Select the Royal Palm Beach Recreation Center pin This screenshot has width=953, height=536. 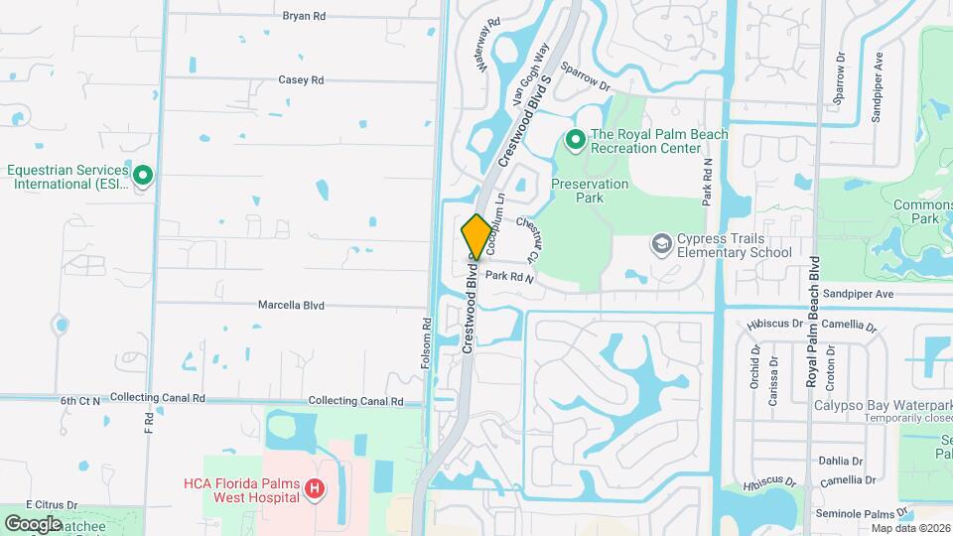[x=574, y=141]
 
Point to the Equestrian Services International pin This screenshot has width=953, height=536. [x=143, y=177]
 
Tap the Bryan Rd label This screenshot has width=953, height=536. [x=304, y=16]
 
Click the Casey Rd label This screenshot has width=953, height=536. [x=301, y=79]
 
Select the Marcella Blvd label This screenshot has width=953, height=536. [x=292, y=305]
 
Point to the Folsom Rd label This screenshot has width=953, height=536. [x=426, y=343]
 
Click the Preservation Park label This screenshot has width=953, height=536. [x=590, y=191]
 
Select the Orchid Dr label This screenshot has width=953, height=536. [x=750, y=366]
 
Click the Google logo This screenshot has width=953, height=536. [x=33, y=523]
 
